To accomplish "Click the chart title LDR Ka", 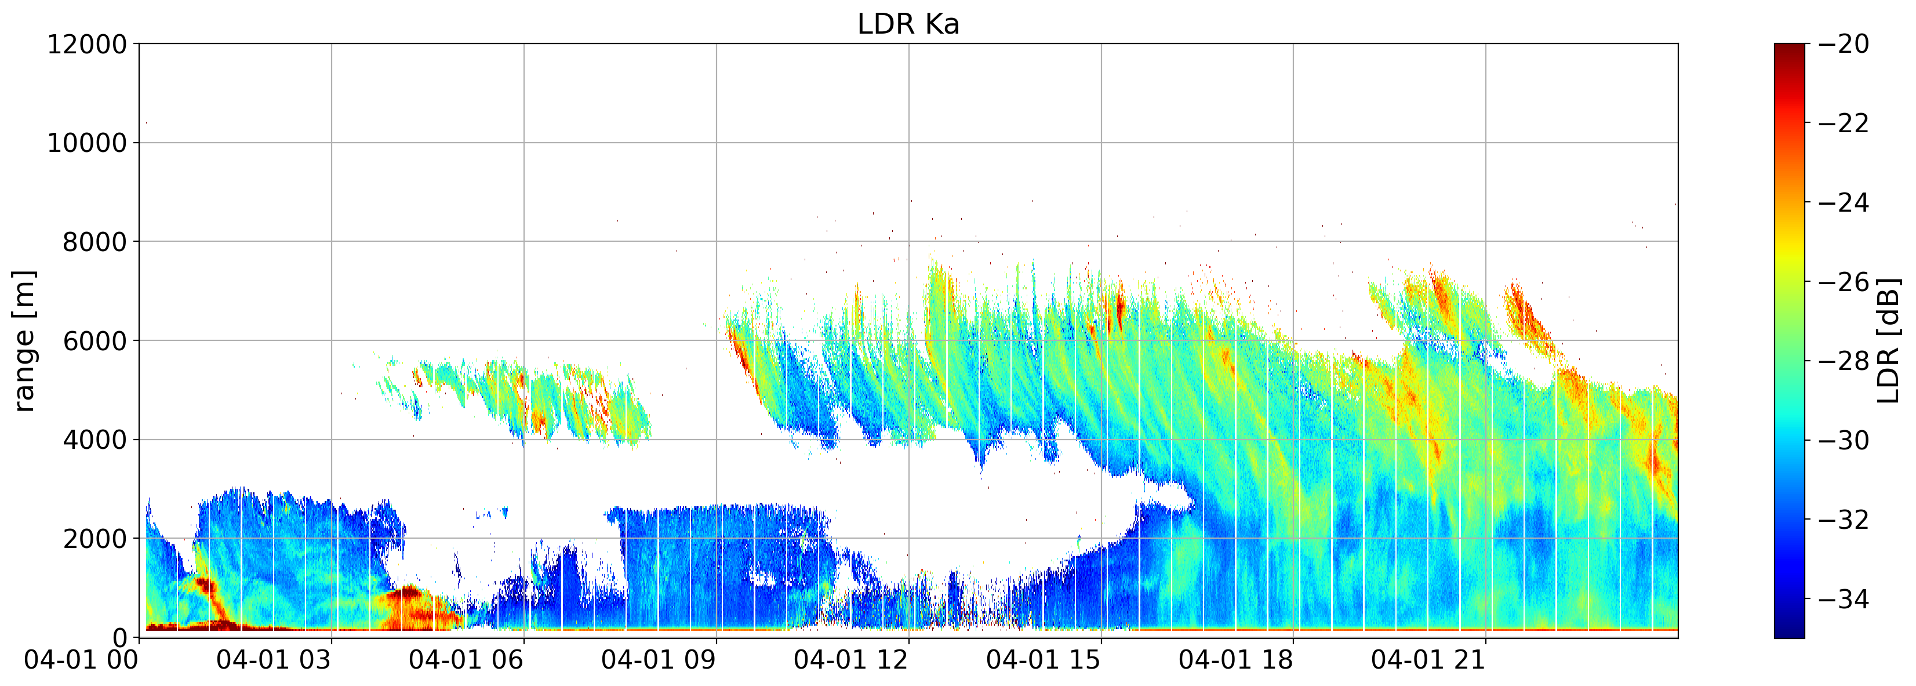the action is (x=908, y=24).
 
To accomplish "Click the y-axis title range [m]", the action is (x=24, y=341).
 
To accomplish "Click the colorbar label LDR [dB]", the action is (x=1888, y=341).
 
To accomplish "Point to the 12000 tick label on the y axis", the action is (x=88, y=44).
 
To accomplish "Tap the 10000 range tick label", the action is (x=88, y=143).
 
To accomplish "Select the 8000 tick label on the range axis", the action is (x=95, y=242).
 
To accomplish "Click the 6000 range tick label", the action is (x=95, y=341).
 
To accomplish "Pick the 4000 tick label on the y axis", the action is (x=95, y=440).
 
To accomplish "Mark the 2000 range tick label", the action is (x=95, y=539).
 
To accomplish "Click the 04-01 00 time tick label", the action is (x=82, y=660).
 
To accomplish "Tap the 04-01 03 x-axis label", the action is (x=274, y=660).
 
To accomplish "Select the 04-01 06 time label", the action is (x=466, y=660).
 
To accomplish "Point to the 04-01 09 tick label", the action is (x=659, y=660).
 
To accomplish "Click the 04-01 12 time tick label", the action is (x=851, y=660).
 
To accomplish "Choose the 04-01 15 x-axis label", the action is (x=1044, y=660).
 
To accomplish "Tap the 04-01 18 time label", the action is (x=1236, y=660).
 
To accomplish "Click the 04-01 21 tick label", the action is (x=1428, y=660).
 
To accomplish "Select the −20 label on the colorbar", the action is (x=1843, y=44).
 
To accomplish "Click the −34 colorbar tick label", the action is (x=1843, y=599).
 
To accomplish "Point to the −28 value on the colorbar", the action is (x=1843, y=361).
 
